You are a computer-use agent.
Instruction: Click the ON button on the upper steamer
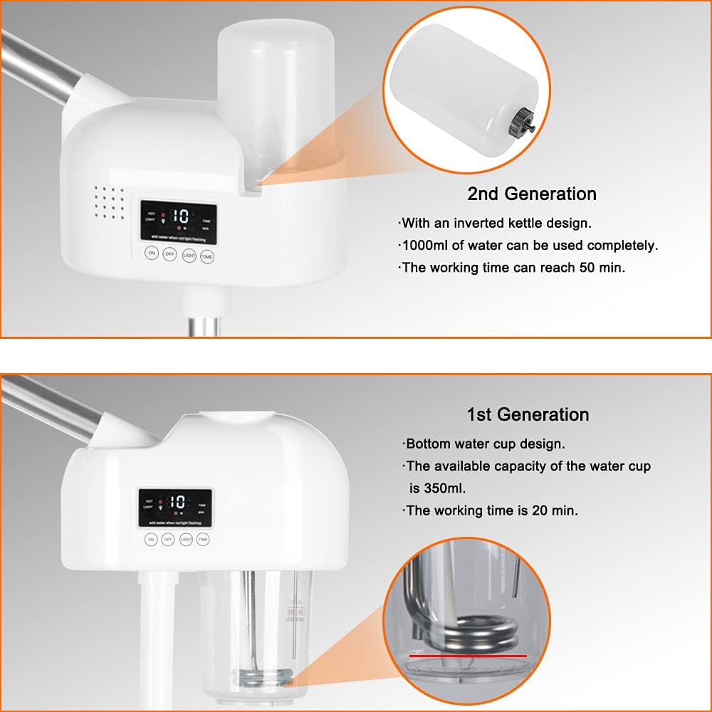151,253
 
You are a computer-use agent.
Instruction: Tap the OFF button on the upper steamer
169,254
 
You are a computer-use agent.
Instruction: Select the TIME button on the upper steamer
206,257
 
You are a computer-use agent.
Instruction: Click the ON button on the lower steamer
151,539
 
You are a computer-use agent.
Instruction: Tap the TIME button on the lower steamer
203,539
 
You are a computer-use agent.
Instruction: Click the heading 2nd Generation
531,194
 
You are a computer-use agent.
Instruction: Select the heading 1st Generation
528,414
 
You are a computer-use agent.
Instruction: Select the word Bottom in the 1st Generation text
427,444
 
